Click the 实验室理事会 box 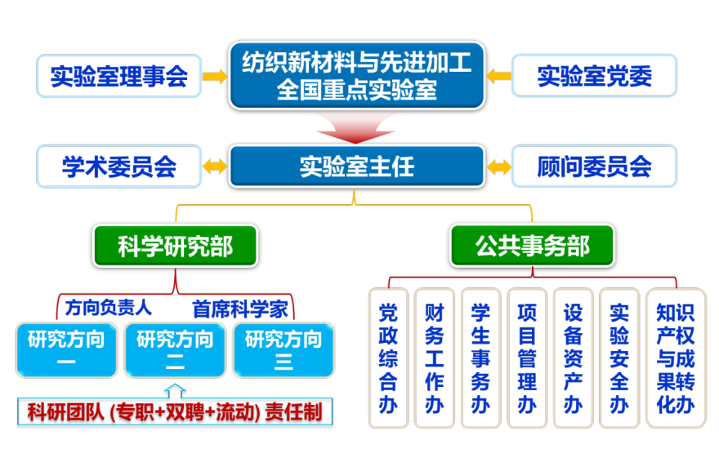[118, 76]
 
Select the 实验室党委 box [594, 76]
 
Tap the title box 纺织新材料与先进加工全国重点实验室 [357, 76]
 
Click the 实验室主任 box [357, 167]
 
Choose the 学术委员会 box [118, 167]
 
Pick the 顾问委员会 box [594, 167]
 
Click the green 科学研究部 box [175, 246]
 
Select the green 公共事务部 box [532, 246]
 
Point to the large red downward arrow [355, 129]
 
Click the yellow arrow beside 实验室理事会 [215, 76]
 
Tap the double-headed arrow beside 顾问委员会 [499, 167]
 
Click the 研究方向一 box [66, 350]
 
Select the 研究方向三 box [284, 350]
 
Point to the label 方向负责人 [108, 308]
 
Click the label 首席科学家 [240, 309]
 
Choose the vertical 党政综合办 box [388, 358]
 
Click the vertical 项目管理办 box [527, 358]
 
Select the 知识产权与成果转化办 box [676, 358]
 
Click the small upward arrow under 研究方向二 [175, 391]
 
